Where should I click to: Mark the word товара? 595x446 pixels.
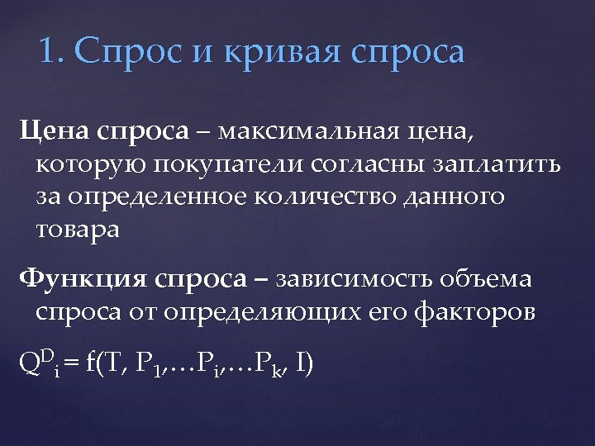point(78,230)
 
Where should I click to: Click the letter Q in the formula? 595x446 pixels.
point(30,363)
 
